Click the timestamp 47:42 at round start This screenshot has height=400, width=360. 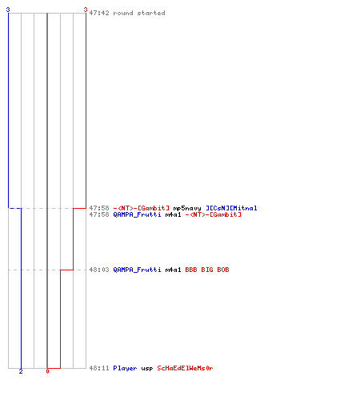click(99, 13)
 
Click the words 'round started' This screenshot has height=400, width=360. click(139, 13)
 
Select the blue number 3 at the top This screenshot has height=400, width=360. click(8, 10)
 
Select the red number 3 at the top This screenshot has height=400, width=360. click(86, 10)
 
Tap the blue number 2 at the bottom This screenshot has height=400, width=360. click(21, 371)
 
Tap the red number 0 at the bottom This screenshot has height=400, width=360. click(47, 371)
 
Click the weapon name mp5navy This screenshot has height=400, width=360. click(187, 208)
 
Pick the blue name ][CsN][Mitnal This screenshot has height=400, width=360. click(231, 208)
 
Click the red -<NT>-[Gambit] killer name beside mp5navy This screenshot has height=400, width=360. click(141, 208)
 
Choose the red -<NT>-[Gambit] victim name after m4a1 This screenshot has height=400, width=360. click(213, 214)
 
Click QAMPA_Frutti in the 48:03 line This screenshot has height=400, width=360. click(137, 270)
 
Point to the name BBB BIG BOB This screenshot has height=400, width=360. click(207, 270)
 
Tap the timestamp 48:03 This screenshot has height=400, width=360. click(99, 270)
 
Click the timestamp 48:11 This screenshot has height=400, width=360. click(99, 368)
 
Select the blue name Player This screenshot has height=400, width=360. click(125, 368)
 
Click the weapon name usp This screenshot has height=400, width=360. click(147, 369)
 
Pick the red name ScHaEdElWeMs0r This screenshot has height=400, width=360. click(185, 368)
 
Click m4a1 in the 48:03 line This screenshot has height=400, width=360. click(173, 270)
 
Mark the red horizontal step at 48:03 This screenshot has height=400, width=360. click(66, 270)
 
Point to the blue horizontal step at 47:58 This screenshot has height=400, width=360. click(14, 208)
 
